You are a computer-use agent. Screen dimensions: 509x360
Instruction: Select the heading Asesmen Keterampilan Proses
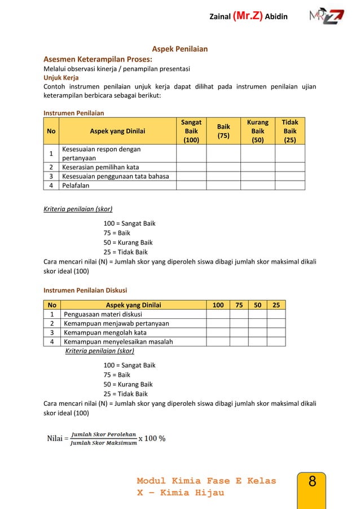(98, 59)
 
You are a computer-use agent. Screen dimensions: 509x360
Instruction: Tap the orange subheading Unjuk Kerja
(61, 78)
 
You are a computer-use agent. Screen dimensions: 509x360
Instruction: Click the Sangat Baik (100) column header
(191, 131)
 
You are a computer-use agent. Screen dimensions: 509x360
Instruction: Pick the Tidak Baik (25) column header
(290, 131)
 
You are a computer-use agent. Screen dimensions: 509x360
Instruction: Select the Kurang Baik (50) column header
(258, 131)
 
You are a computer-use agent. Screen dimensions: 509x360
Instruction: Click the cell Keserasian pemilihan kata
(100, 167)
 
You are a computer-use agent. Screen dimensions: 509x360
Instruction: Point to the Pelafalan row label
(76, 185)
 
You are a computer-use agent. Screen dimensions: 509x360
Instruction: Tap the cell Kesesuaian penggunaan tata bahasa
(116, 176)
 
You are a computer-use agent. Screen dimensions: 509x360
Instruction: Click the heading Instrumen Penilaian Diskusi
(85, 291)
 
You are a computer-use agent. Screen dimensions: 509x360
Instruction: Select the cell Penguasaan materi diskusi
(103, 314)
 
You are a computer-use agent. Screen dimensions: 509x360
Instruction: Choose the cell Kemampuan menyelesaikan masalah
(118, 341)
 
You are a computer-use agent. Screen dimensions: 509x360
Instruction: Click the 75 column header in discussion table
(239, 305)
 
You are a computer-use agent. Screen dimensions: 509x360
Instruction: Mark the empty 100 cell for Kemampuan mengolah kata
(217, 332)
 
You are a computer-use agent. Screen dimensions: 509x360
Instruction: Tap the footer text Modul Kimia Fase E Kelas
(207, 481)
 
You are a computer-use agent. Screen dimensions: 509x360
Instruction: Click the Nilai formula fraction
(103, 438)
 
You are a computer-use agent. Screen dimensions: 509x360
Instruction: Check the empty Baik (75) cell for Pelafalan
(223, 185)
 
